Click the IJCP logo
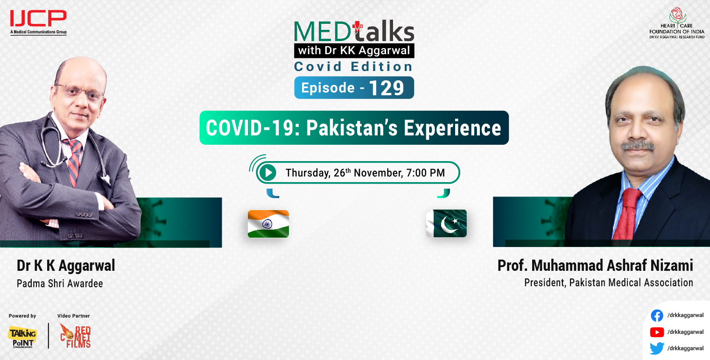38,21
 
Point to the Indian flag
268,224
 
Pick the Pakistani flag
446,223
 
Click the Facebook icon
657,316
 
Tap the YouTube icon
657,332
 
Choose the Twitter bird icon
657,348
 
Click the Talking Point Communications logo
22,337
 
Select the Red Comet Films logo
75,336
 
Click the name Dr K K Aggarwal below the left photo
66,266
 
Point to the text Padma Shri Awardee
60,283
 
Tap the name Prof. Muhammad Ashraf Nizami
595,266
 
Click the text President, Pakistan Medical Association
608,282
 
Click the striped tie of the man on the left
74,161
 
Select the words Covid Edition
353,67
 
